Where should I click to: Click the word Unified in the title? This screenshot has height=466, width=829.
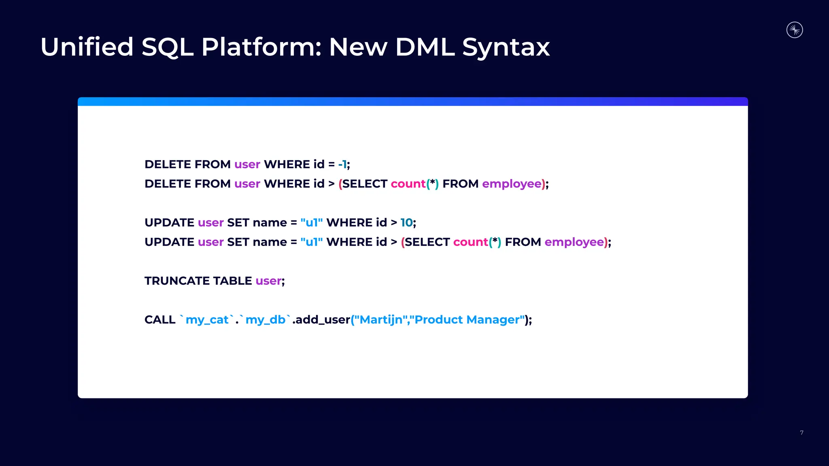pyautogui.click(x=87, y=47)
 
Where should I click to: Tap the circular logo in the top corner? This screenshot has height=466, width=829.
pyautogui.click(x=794, y=30)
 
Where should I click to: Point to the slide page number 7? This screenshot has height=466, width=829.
pyautogui.click(x=801, y=433)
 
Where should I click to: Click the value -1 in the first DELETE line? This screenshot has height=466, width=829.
pyautogui.click(x=342, y=164)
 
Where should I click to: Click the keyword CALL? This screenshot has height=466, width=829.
pyautogui.click(x=160, y=320)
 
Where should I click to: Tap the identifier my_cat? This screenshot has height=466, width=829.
pyautogui.click(x=207, y=320)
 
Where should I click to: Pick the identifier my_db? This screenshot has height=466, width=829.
pyautogui.click(x=265, y=320)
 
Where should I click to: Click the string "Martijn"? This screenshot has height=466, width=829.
pyautogui.click(x=381, y=320)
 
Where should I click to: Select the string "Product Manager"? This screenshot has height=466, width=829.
pyautogui.click(x=467, y=320)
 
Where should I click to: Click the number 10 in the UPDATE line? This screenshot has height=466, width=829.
pyautogui.click(x=406, y=222)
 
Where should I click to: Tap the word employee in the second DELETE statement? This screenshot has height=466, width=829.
pyautogui.click(x=512, y=184)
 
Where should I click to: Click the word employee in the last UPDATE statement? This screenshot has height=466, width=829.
pyautogui.click(x=574, y=242)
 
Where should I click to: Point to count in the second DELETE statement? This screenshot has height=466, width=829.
pyautogui.click(x=408, y=184)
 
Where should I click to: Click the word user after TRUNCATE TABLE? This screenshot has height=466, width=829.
pyautogui.click(x=268, y=281)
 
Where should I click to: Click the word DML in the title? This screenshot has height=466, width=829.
pyautogui.click(x=425, y=47)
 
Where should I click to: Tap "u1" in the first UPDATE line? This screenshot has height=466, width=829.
pyautogui.click(x=311, y=222)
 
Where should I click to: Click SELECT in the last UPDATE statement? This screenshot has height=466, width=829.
pyautogui.click(x=427, y=242)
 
